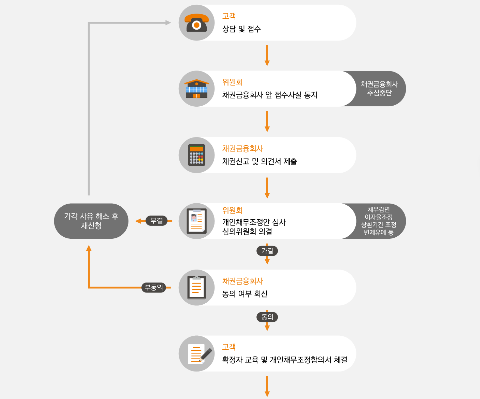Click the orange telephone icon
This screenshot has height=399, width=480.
point(197,23)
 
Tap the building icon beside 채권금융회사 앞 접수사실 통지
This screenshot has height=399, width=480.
point(197,89)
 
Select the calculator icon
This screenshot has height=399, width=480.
point(197,155)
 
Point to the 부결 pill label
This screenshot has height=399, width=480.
point(156,221)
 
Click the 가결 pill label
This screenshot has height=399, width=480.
point(267,250)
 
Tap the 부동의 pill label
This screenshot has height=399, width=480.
point(153,288)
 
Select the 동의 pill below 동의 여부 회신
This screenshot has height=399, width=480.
point(267,317)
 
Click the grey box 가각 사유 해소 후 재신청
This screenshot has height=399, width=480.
point(91,221)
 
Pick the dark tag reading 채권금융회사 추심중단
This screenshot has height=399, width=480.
point(379,89)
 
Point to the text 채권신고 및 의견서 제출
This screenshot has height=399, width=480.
point(259,162)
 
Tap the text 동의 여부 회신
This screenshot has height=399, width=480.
point(245,294)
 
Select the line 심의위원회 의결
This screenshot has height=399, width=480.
point(247,231)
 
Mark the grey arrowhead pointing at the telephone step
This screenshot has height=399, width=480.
point(168,23)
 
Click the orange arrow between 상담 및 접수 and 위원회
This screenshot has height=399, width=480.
point(267,55)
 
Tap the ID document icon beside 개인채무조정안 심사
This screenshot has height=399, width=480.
point(197,221)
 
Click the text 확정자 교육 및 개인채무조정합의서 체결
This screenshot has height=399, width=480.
point(285,360)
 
